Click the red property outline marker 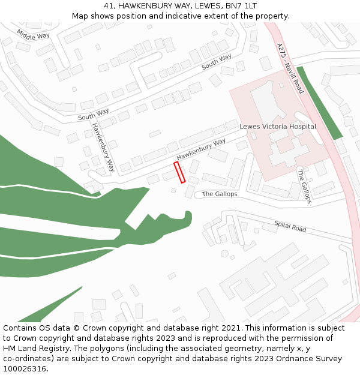pos(179,172)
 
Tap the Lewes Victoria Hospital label pos(278,127)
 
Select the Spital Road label pos(290,226)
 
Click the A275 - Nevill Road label pos(290,68)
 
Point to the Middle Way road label pos(33,35)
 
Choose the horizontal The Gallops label pos(220,194)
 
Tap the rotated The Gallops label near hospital pos(304,186)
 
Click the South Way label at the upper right pos(217,62)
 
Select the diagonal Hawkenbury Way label pos(201,149)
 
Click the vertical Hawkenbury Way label pos(103,147)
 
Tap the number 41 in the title pos(109,5)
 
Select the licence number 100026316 pos(25,369)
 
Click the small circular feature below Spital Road pos(225,254)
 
